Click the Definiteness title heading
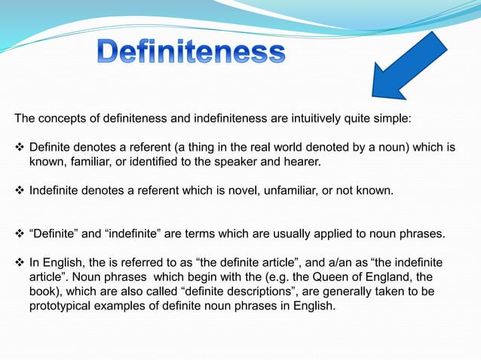tap(191, 52)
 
